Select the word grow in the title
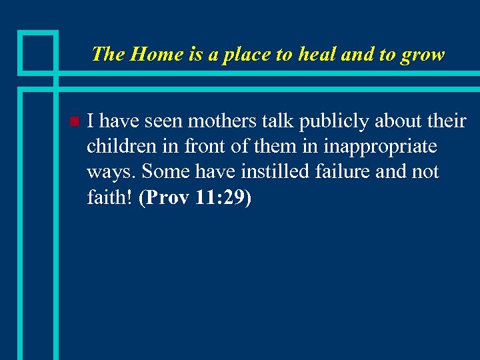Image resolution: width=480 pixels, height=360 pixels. click(x=423, y=55)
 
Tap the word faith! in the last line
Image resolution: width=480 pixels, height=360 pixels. click(x=111, y=197)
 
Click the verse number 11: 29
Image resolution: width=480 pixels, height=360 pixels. click(x=221, y=197)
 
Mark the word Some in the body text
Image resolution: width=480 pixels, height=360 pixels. click(x=165, y=171)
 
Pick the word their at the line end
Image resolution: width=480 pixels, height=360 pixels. click(x=445, y=121)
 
